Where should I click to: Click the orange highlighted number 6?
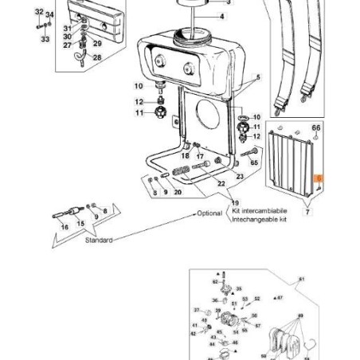tap(319, 182)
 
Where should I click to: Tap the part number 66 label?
tap(315, 127)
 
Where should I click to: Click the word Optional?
tap(209, 213)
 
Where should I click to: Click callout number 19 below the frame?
tap(235, 203)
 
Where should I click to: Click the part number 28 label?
tap(97, 57)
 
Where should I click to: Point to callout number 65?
tap(254, 162)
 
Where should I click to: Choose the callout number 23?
tap(239, 175)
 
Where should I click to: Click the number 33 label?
tap(45, 38)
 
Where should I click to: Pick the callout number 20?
tap(178, 192)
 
